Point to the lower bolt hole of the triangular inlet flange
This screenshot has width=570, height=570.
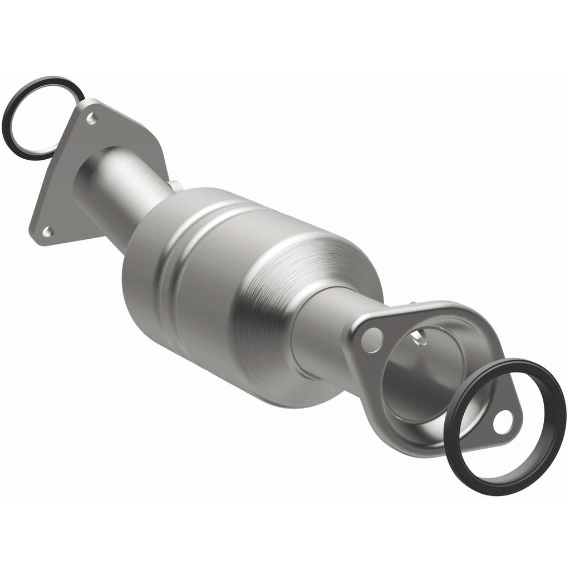point(48,230)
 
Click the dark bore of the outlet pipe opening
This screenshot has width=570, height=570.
point(429,379)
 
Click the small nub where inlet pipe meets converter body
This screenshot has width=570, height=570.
point(174,185)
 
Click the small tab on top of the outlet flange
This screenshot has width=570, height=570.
point(415,303)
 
